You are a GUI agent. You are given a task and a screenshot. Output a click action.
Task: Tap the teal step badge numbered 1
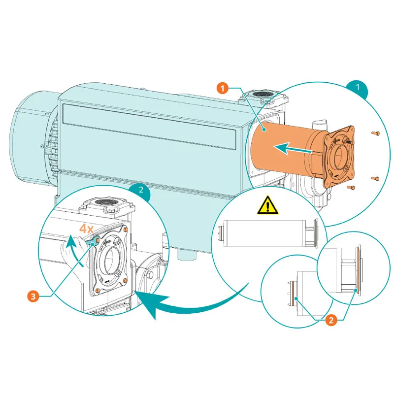358,87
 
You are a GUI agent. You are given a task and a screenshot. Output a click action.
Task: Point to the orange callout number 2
331,320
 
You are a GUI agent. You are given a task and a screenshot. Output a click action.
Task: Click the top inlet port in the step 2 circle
104,203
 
